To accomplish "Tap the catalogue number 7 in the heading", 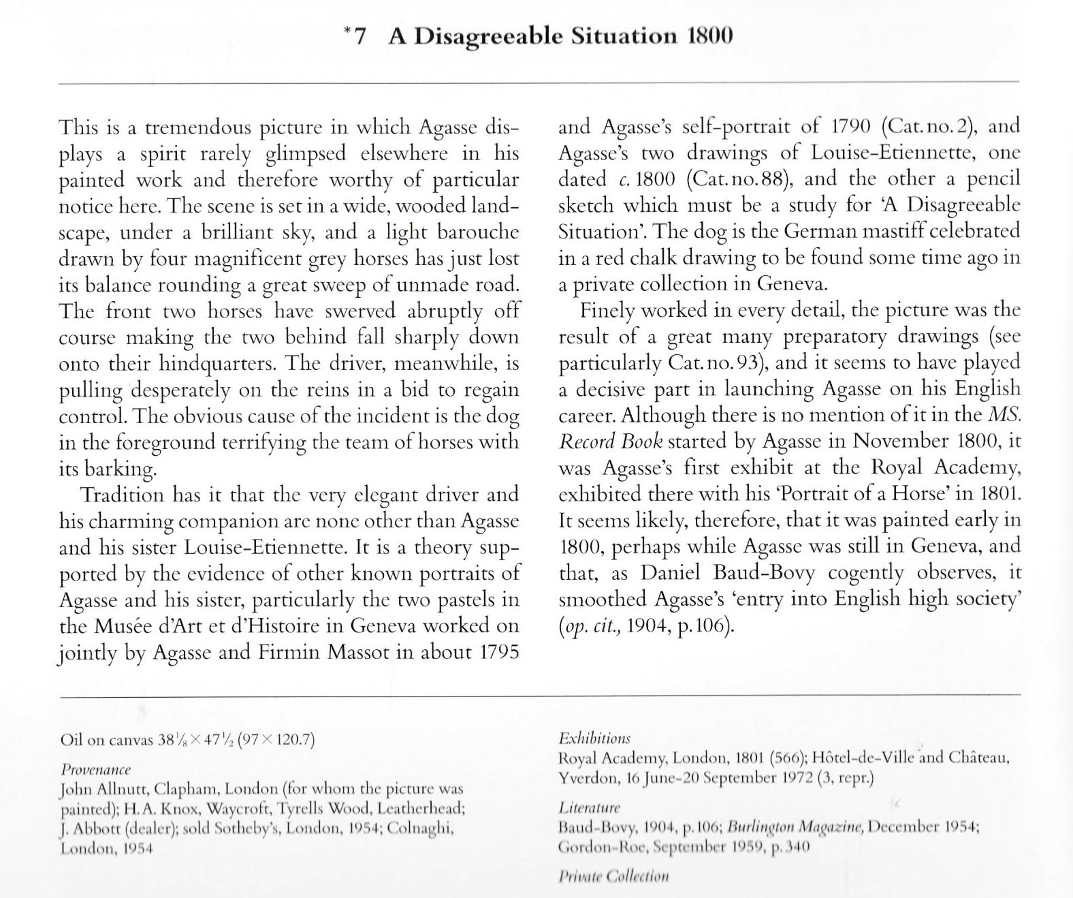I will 360,36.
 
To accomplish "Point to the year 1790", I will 852,127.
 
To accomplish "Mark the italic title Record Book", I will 610,442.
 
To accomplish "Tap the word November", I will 900,442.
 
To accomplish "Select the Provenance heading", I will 95,769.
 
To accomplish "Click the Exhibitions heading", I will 594,738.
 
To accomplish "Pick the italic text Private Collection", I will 613,876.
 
